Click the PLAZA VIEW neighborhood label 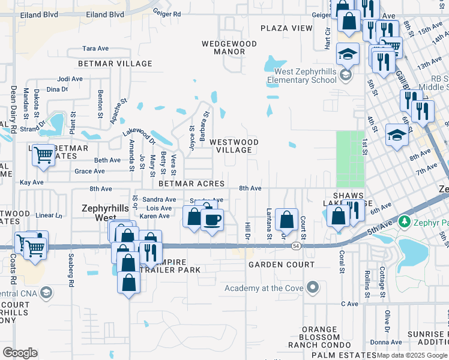(x=286, y=28)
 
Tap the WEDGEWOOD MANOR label (x=229, y=47)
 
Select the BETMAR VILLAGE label (x=109, y=63)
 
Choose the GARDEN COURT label (x=281, y=265)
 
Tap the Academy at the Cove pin (x=312, y=288)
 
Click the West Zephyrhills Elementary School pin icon (x=345, y=76)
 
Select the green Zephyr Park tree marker (x=405, y=222)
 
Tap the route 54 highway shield (x=296, y=246)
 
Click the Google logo (x=20, y=353)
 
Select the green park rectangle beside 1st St (x=350, y=159)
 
